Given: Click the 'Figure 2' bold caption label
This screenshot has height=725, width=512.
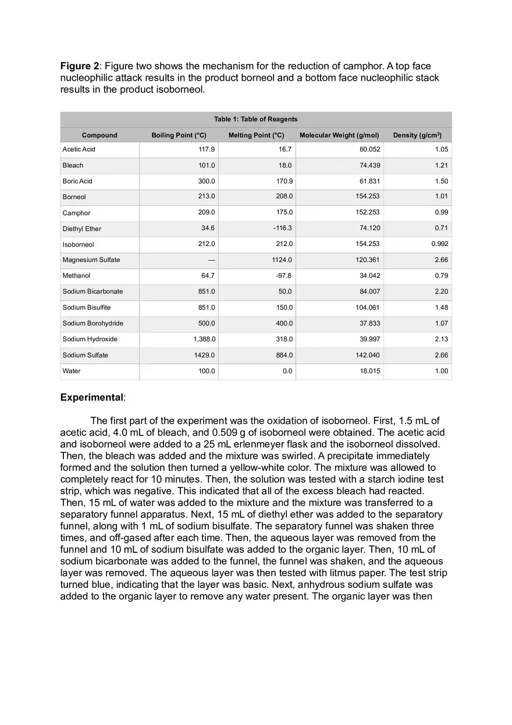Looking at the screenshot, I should pos(79,66).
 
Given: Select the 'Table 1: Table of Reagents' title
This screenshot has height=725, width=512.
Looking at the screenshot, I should pos(255,119).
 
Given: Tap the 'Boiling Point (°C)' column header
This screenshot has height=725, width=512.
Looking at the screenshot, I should pos(179,135).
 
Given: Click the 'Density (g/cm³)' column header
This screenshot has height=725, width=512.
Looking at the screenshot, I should pos(417,135).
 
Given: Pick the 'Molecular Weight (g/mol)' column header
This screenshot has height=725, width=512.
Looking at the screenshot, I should pos(339,135).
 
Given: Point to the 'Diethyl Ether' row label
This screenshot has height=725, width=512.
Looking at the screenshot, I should pos(82,228).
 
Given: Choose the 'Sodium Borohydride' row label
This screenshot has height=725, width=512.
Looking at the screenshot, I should pos(93,323).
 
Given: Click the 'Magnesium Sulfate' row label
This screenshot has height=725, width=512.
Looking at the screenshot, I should pos(91,260).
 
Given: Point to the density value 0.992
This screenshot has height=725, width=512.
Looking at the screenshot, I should pos(438,244).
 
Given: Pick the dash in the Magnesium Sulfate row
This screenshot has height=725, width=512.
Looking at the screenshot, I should pos(211,260).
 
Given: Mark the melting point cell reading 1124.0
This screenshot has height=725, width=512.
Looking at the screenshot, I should pos(282,260).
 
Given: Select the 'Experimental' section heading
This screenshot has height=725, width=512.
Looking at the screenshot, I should pos(91,398).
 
